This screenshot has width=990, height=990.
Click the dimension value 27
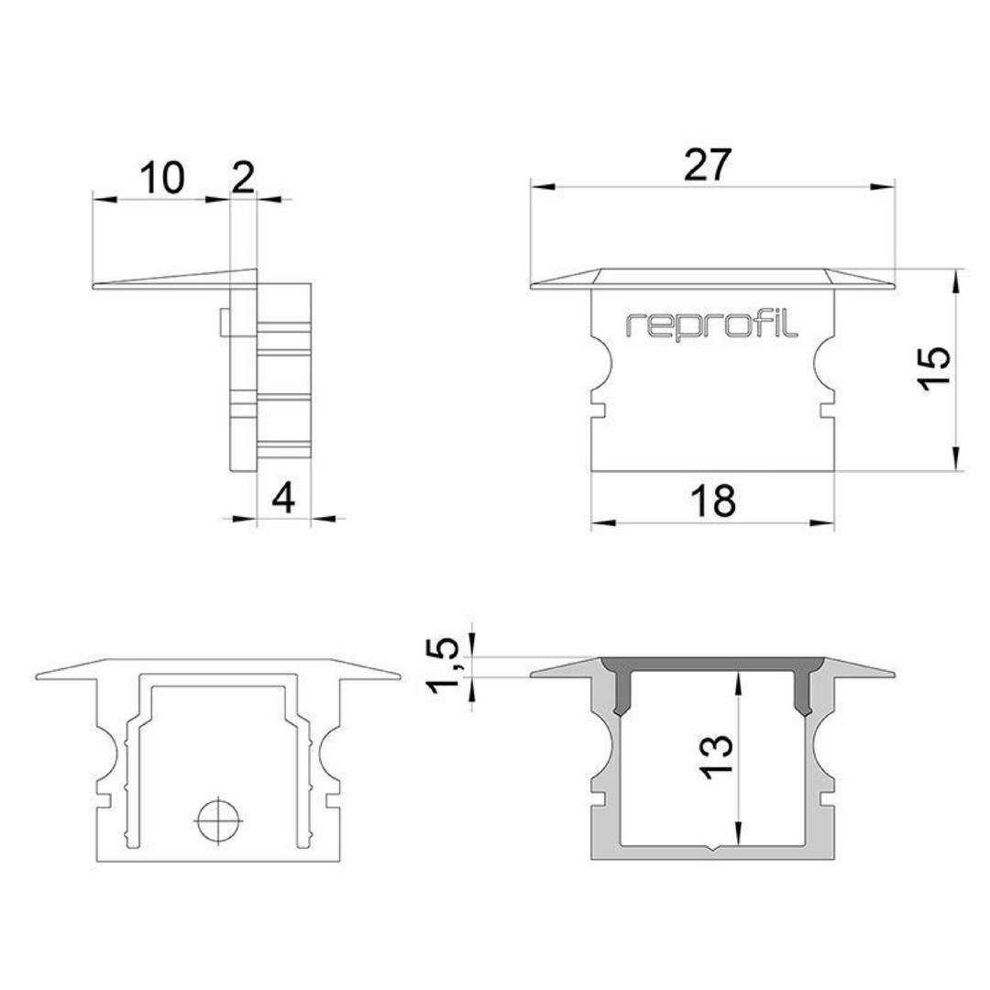click(707, 165)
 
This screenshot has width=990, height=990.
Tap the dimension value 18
click(713, 500)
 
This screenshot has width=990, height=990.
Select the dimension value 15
click(935, 369)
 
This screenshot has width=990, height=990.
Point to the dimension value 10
click(162, 178)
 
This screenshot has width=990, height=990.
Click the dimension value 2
click(244, 178)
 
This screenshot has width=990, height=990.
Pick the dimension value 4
click(283, 499)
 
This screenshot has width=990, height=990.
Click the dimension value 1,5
click(445, 665)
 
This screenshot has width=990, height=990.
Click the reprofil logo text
click(711, 325)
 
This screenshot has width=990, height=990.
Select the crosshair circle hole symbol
click(218, 820)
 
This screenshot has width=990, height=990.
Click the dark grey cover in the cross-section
click(712, 669)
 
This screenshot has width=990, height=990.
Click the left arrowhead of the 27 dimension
click(543, 187)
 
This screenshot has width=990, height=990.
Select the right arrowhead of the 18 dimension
click(822, 522)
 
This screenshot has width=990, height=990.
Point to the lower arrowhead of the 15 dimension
click(958, 458)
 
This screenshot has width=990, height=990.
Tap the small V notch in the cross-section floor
click(713, 848)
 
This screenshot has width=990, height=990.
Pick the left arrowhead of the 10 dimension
click(105, 200)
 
